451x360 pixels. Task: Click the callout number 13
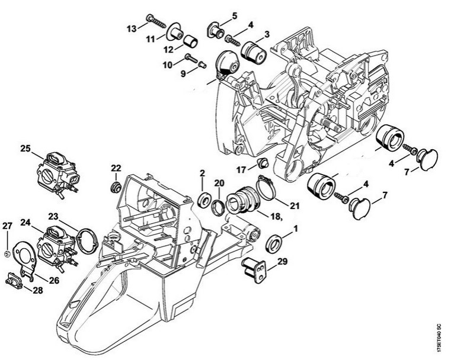(x=132, y=28)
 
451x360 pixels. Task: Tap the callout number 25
(x=25, y=149)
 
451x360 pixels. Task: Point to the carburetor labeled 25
(x=59, y=174)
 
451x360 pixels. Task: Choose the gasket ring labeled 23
(x=87, y=240)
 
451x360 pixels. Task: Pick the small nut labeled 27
(x=7, y=253)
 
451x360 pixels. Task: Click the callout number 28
(x=38, y=290)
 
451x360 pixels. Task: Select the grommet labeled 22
(x=116, y=187)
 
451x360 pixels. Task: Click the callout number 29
(x=282, y=261)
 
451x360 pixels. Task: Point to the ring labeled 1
(x=273, y=243)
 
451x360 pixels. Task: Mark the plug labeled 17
(x=262, y=163)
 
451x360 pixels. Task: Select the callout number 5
(x=235, y=16)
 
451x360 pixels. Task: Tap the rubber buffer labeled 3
(x=253, y=54)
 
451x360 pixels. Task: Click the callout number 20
(x=220, y=183)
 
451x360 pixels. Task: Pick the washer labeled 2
(x=205, y=200)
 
